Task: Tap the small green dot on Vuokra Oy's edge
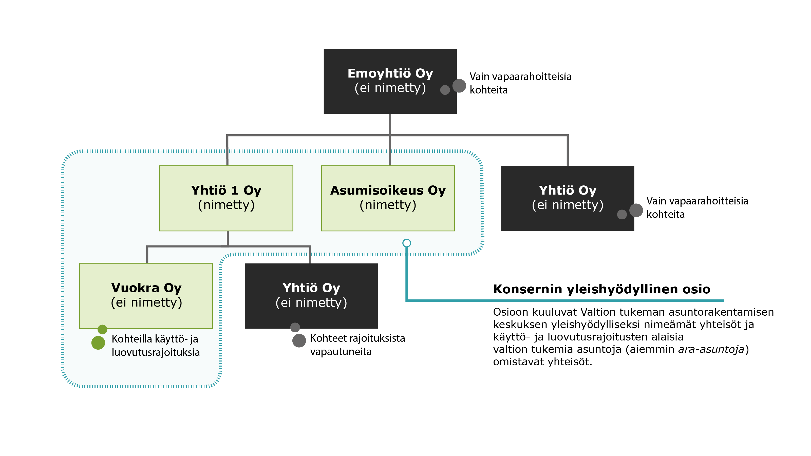(102, 329)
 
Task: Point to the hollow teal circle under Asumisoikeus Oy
(406, 243)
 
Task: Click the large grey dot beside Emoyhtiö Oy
(459, 86)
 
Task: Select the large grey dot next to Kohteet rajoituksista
(299, 340)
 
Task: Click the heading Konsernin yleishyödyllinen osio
(601, 289)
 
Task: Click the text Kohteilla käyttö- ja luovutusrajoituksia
(155, 345)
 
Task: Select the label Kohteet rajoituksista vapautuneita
(357, 345)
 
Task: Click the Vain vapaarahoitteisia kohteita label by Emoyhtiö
(520, 83)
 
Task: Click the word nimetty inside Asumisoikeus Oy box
(388, 205)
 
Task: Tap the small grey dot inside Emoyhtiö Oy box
(445, 90)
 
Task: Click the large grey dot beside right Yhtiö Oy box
(636, 210)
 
